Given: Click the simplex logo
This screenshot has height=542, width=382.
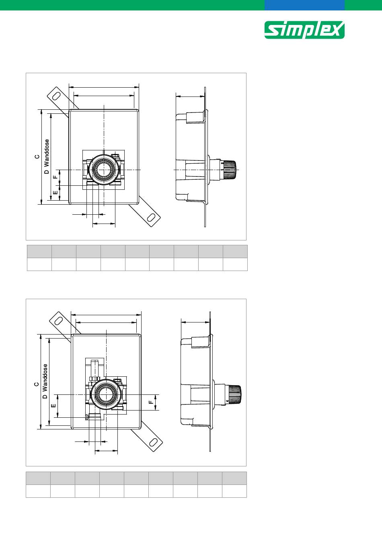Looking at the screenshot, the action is click(x=304, y=30).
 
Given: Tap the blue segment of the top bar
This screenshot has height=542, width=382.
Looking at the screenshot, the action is click(x=304, y=5).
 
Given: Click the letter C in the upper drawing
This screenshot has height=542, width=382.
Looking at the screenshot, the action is click(x=37, y=156).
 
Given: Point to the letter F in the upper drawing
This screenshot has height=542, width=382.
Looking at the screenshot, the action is click(x=56, y=177).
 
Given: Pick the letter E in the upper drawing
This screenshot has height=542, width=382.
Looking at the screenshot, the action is click(x=55, y=193).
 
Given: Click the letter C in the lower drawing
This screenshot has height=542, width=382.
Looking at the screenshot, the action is click(x=36, y=384).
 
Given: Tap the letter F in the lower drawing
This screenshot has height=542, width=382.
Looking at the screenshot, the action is click(x=151, y=402).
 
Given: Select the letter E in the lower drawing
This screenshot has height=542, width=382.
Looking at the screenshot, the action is click(x=54, y=406).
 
